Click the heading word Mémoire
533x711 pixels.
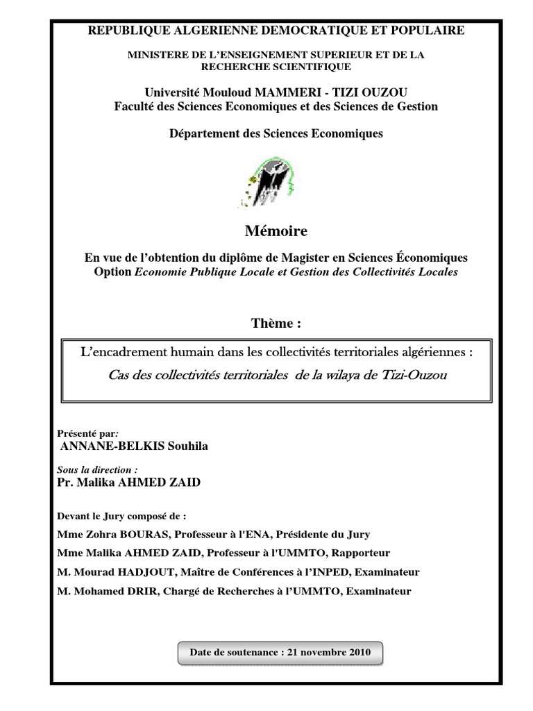click(x=276, y=231)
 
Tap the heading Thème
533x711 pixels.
click(x=276, y=323)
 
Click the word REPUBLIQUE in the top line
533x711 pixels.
click(x=123, y=30)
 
